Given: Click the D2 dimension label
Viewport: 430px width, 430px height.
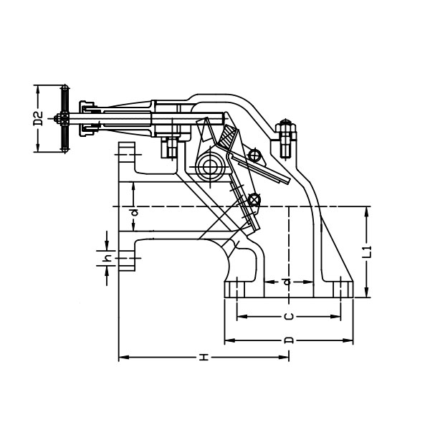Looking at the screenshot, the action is point(39,118).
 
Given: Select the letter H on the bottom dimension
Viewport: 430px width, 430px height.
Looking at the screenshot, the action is point(204,358).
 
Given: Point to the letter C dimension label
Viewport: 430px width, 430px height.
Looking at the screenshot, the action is point(289,317).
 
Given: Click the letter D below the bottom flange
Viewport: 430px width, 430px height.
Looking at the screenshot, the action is point(289,340).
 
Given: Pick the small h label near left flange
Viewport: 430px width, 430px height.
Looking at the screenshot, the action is point(109,258).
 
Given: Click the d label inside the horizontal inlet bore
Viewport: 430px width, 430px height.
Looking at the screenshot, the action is point(134,212).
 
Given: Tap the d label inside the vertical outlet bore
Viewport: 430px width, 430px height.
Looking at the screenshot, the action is point(287,282).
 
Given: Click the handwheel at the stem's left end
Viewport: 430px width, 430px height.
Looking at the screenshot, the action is point(65,118).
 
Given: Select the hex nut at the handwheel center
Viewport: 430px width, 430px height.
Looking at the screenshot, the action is point(57,119).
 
